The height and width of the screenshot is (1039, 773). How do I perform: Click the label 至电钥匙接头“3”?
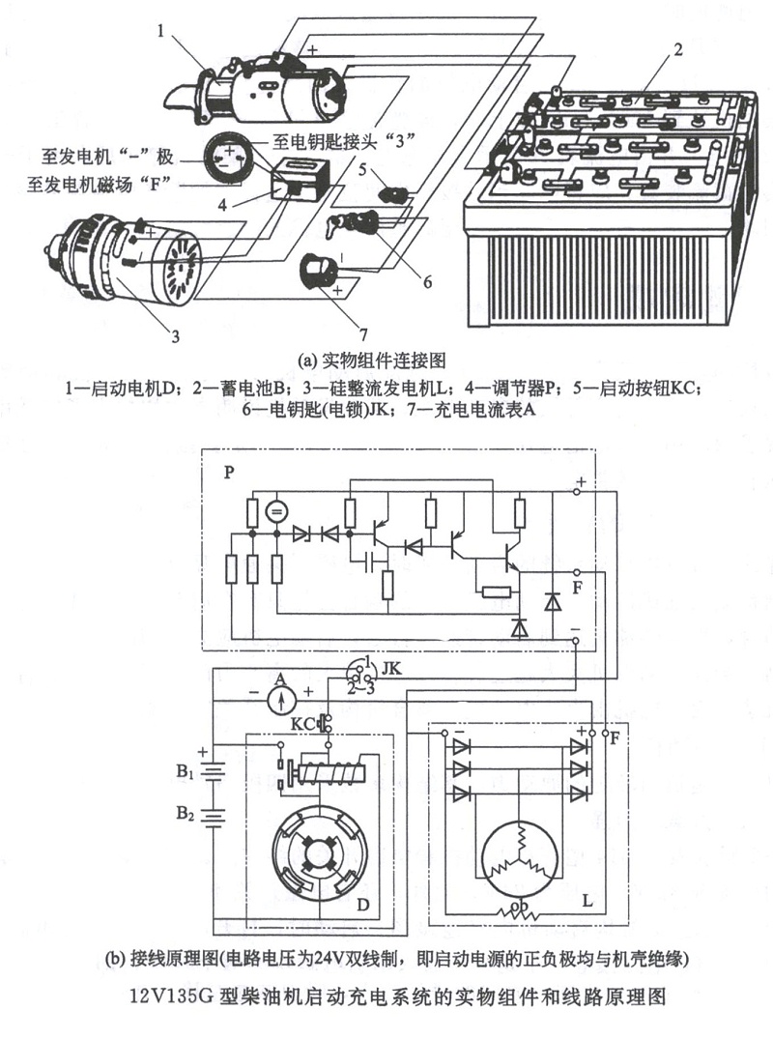coord(336,139)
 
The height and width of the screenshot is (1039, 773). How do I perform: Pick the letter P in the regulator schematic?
coord(229,474)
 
